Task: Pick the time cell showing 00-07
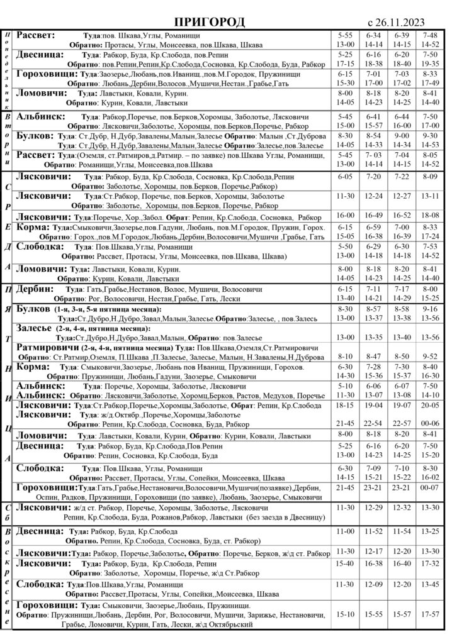pyautogui.click(x=429, y=487)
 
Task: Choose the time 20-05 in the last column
pyautogui.click(x=429, y=406)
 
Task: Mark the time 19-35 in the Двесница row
pyautogui.click(x=429, y=64)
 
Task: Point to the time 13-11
pyautogui.click(x=429, y=196)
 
